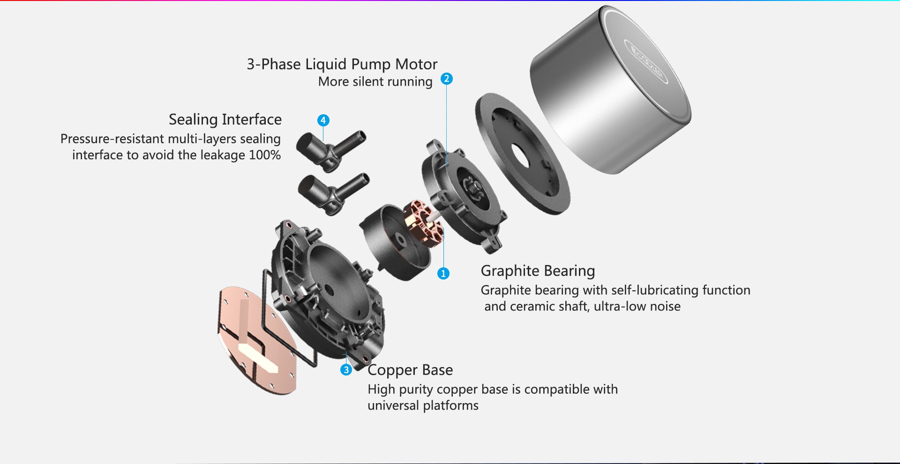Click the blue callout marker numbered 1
pos(443,273)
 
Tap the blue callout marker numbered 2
pos(446,79)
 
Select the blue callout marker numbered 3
pos(346,370)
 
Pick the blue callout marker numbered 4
pos(323,120)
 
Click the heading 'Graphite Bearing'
pos(538,271)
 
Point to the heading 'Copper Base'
pos(410,370)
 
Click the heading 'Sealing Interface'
pos(225,119)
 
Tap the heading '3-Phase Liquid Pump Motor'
pos(342,64)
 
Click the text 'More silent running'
pos(375,81)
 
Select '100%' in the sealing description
pos(265,155)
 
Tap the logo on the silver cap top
pos(646,61)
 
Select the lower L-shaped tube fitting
pos(333,193)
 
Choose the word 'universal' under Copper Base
pos(393,405)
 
